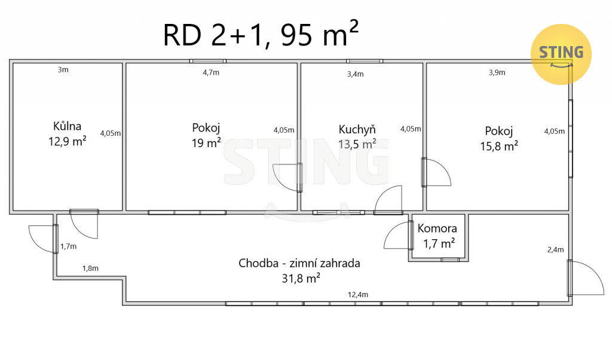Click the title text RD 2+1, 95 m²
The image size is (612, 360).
click(261, 34)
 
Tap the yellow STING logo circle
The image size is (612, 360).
click(561, 54)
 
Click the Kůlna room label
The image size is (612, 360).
click(67, 126)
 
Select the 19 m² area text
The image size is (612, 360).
click(206, 143)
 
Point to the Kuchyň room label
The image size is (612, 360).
click(357, 129)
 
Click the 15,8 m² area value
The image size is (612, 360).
click(499, 146)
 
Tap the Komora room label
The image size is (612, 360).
click(437, 228)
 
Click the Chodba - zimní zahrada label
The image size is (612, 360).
click(299, 263)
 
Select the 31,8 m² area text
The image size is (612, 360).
click(301, 279)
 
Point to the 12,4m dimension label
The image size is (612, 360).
click(358, 295)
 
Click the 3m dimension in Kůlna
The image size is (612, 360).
click(63, 70)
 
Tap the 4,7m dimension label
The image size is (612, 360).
click(211, 72)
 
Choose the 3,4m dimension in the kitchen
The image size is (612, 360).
click(356, 74)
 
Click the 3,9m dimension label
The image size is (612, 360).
click(497, 72)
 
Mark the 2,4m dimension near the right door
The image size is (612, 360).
click(555, 250)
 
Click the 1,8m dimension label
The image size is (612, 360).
click(90, 269)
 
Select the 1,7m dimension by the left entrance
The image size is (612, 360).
click(68, 247)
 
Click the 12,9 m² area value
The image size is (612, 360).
click(67, 141)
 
